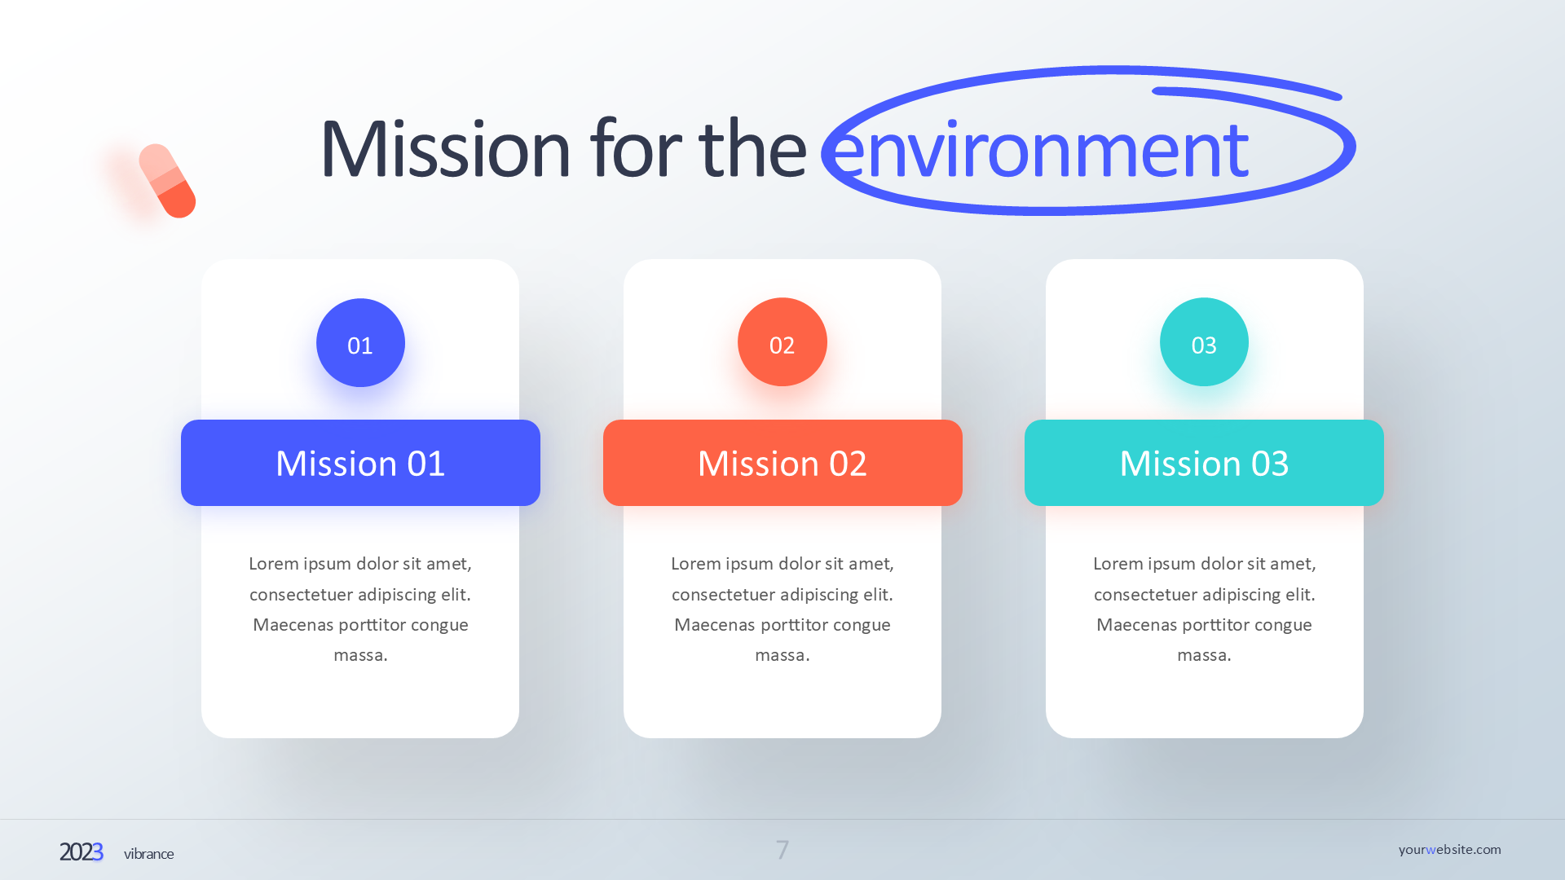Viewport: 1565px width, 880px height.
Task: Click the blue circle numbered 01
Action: pyautogui.click(x=360, y=343)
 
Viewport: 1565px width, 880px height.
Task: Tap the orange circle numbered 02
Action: pyautogui.click(x=782, y=342)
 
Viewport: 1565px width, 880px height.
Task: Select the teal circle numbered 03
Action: pyautogui.click(x=1204, y=342)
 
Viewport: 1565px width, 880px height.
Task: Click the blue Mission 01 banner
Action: pyautogui.click(x=360, y=463)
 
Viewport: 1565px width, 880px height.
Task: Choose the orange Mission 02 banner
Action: pyautogui.click(x=782, y=463)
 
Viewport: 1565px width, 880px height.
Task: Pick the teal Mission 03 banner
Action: pyautogui.click(x=1204, y=463)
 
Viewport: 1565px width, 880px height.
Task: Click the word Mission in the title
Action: pyautogui.click(x=445, y=149)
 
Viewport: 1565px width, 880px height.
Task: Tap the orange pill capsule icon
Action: pyautogui.click(x=167, y=181)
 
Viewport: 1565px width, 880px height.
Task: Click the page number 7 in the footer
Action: pyautogui.click(x=782, y=850)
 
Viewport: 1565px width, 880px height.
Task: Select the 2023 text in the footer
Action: pyautogui.click(x=81, y=852)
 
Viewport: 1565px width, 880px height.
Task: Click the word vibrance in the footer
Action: pyautogui.click(x=148, y=854)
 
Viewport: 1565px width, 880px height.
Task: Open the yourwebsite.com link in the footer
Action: pyautogui.click(x=1449, y=849)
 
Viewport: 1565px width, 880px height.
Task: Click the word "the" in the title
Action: pyautogui.click(x=752, y=149)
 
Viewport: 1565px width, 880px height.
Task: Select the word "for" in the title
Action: pyautogui.click(x=636, y=149)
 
